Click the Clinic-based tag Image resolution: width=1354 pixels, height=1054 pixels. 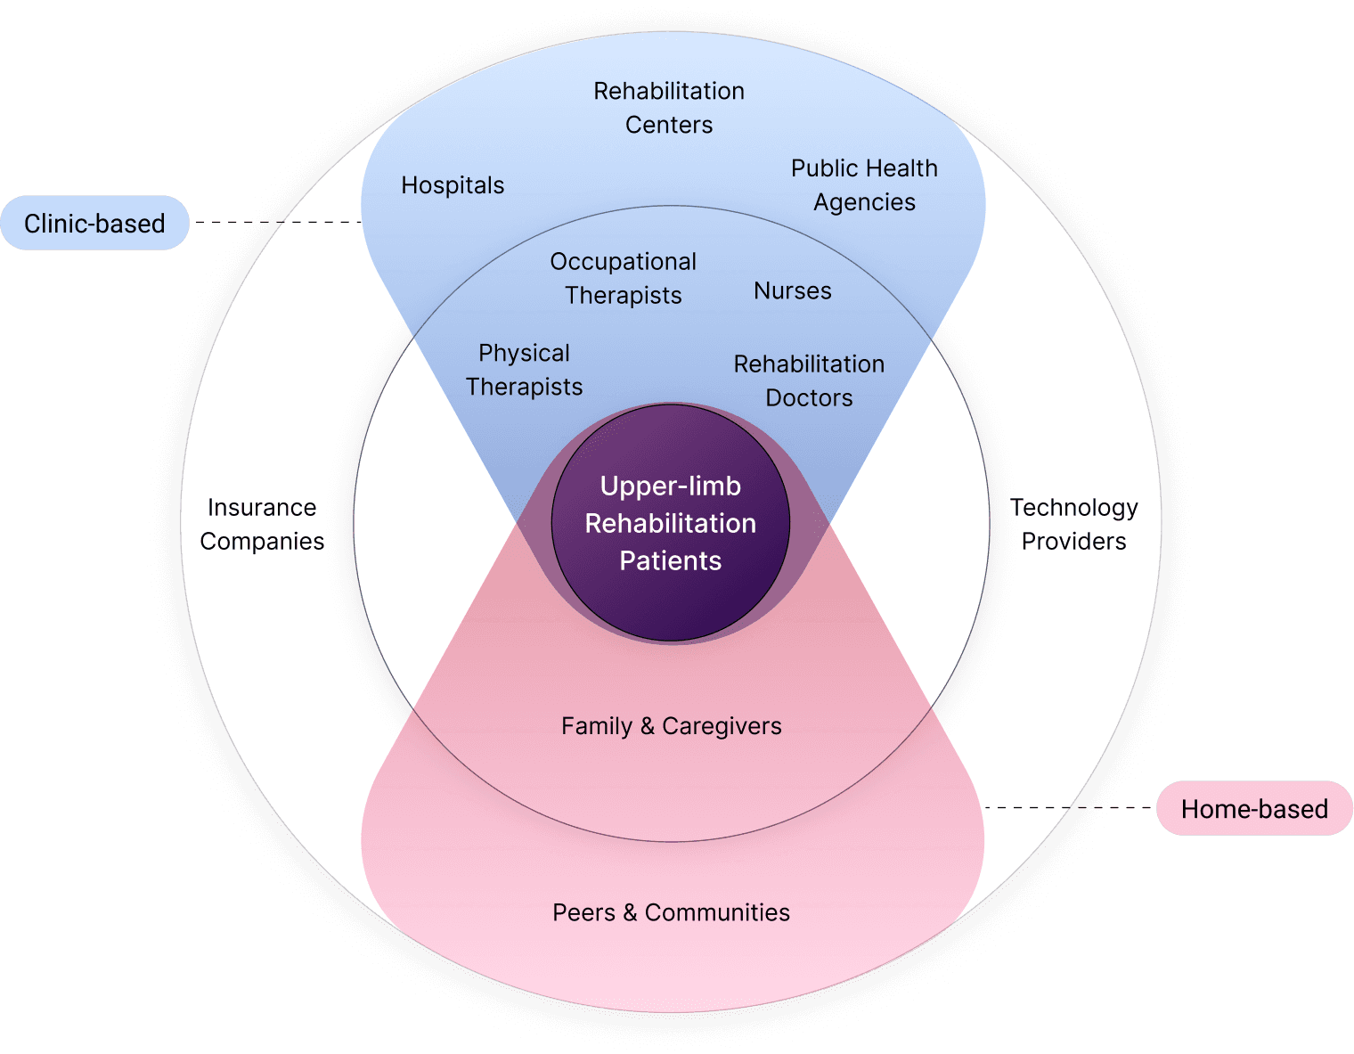pos(94,223)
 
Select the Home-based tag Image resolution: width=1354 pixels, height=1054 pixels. pos(1254,809)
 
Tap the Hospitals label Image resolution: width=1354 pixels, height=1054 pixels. pos(453,185)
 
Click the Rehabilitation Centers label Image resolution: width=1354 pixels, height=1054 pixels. pos(669,108)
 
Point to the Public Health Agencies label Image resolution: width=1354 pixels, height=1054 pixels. pos(864,185)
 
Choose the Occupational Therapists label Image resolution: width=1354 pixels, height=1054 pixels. pos(623,278)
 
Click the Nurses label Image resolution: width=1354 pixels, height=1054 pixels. pos(793,291)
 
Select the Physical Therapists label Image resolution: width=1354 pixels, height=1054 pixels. pos(524,370)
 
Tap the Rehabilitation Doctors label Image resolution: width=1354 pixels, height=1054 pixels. pos(809,380)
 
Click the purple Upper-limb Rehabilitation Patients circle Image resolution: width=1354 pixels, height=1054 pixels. pos(671,606)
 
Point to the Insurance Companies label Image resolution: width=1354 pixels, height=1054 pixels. pos(262,524)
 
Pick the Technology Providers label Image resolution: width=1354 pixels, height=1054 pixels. pos(1073,524)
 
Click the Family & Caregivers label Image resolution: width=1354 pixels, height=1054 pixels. pos(672,726)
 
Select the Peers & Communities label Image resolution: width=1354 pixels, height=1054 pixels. pos(672,912)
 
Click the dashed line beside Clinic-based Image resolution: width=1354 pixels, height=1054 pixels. pos(276,222)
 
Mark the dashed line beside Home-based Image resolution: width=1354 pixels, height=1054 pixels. pos(1069,808)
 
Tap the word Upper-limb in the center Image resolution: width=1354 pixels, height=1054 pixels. pos(671,486)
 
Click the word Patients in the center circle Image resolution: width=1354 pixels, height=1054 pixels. pos(671,561)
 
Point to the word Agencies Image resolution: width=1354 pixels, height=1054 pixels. pos(864,203)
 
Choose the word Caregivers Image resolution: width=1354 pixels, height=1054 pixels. pos(722,727)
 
